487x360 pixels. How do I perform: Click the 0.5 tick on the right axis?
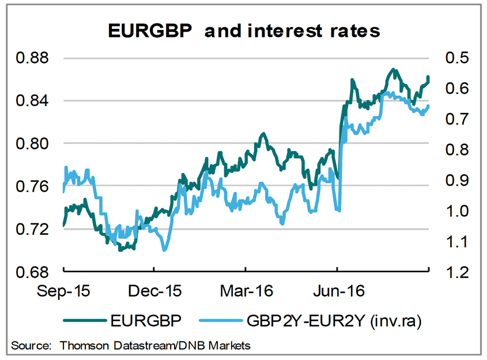450,58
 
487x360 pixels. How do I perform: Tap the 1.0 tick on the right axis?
450,211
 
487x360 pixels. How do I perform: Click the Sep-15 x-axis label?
63,291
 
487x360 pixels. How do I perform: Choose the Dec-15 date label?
154,291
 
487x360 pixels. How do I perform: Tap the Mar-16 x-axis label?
246,291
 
